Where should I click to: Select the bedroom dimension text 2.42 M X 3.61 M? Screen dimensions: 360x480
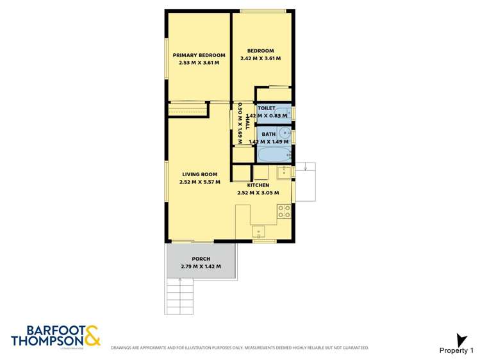point(260,58)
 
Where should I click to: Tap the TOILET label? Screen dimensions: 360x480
point(267,108)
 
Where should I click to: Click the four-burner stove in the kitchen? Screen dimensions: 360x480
point(284,211)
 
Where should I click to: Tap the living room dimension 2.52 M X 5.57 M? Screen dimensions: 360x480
point(199,182)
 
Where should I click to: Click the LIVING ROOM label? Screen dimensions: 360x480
point(199,174)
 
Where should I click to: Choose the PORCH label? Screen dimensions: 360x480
point(201,259)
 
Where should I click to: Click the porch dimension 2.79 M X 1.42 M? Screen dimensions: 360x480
point(201,266)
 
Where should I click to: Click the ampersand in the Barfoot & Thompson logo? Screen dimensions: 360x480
point(92,335)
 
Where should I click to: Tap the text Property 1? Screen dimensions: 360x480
point(456,350)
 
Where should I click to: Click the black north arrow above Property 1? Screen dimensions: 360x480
point(459,339)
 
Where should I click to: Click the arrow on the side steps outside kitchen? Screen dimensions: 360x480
point(306,168)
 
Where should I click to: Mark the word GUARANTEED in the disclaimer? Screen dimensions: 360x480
point(355,348)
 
